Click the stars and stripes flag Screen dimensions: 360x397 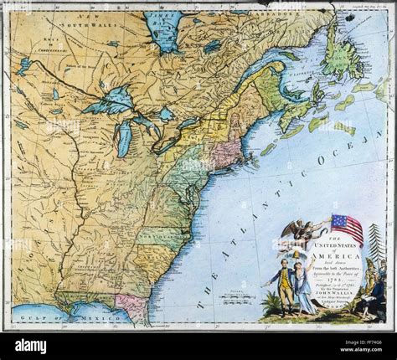click(347, 226)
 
